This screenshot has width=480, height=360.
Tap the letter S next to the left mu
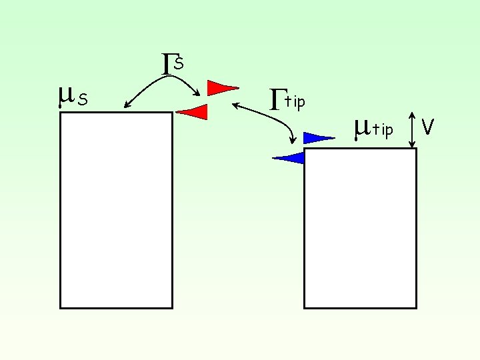(83, 100)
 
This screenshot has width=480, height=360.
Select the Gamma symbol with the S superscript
(169, 63)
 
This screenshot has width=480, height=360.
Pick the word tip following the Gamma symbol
(295, 102)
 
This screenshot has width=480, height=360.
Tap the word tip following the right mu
(383, 129)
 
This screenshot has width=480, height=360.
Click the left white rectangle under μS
(116, 210)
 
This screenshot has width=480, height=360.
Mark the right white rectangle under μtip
(360, 228)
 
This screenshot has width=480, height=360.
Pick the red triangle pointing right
(220, 87)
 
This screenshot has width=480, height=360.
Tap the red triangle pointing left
(194, 112)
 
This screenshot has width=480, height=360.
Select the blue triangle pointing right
(316, 138)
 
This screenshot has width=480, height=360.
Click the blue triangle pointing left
(291, 158)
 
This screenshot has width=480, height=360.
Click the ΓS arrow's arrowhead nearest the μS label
(127, 105)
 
